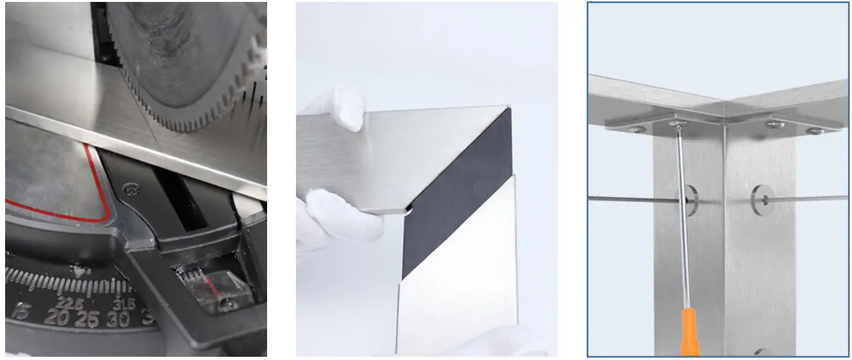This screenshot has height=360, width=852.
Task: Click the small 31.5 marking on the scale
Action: tap(121, 304)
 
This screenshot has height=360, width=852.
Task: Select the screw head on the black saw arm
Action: tap(131, 189)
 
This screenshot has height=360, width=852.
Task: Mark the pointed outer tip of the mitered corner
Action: tap(510, 108)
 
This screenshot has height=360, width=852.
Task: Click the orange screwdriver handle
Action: tap(690, 332)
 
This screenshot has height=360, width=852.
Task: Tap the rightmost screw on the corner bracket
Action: tap(815, 131)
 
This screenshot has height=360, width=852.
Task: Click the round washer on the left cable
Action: tap(690, 199)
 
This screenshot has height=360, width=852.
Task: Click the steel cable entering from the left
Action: tap(629, 199)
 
